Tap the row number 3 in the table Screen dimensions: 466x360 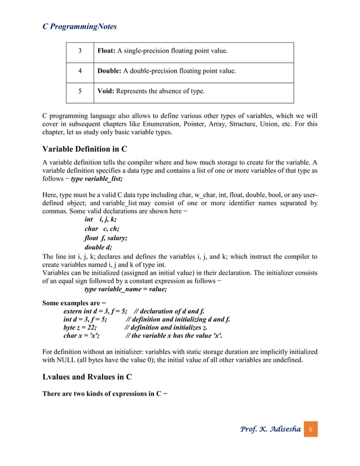point(80,51)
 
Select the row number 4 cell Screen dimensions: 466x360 point(80,72)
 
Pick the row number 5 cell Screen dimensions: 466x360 point(80,91)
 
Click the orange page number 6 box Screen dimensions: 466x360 point(310,430)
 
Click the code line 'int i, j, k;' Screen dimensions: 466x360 point(100,219)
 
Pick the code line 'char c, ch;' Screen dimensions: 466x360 point(102,228)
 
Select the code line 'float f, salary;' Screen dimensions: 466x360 point(106,238)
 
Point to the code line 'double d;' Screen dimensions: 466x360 point(98,247)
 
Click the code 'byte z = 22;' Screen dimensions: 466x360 point(80,327)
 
